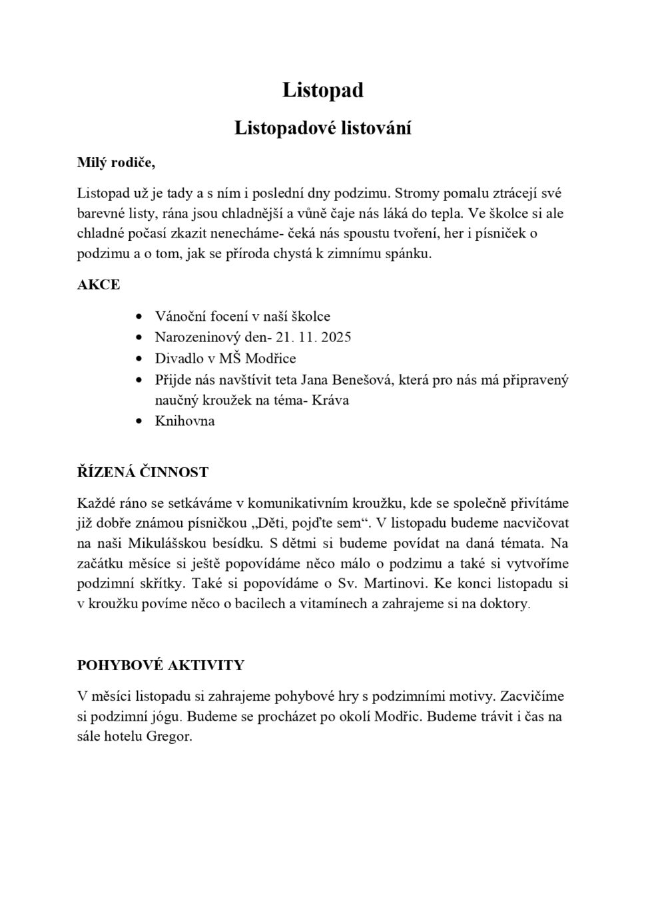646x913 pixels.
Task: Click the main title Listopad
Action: click(x=323, y=90)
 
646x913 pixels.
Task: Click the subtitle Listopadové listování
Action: click(x=323, y=128)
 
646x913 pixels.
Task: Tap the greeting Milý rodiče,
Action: click(x=116, y=162)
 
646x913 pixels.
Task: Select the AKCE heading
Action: click(x=99, y=285)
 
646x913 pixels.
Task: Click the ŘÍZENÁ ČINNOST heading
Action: click(x=143, y=472)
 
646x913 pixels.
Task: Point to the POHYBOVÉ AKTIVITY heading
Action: click(x=161, y=665)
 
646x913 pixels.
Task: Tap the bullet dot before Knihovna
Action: click(x=139, y=422)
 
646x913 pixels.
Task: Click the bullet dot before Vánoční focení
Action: click(x=139, y=317)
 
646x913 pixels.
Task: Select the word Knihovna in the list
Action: click(x=184, y=421)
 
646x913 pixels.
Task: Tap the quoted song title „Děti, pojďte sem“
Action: click(x=308, y=522)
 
